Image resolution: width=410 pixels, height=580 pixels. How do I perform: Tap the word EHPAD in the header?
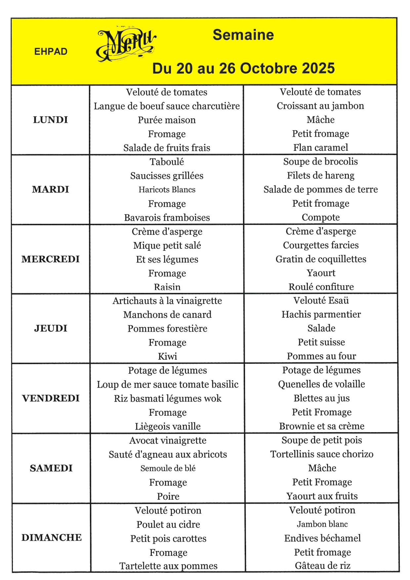coord(51,52)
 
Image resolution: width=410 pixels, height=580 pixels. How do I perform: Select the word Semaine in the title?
coord(243,35)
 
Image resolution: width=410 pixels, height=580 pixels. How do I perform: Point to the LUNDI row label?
coord(51,120)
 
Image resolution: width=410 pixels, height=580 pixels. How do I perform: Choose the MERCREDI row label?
coord(51,259)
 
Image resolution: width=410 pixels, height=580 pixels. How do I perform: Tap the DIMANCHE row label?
coord(52,537)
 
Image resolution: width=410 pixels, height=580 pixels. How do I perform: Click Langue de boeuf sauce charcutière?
coord(167,106)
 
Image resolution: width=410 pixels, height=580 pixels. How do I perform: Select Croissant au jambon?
coord(320,106)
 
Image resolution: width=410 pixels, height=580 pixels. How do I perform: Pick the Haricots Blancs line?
coord(167,189)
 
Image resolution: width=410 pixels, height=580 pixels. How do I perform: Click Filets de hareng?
coord(320,176)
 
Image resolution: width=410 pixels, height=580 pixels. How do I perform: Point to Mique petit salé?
coord(167,245)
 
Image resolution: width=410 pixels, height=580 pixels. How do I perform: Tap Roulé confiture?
coord(321,287)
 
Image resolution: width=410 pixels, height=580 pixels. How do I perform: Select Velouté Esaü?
coord(321,300)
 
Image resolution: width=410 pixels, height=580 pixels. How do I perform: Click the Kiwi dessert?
coord(167,356)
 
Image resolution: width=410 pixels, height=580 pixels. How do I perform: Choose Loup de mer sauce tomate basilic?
coord(168,384)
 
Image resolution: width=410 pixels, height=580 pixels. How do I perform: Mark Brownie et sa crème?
coord(322,426)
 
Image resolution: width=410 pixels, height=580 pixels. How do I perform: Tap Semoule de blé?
coord(168,468)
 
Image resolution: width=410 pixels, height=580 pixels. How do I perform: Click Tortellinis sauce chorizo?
coord(322,454)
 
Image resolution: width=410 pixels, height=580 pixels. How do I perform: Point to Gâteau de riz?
coord(322,565)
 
